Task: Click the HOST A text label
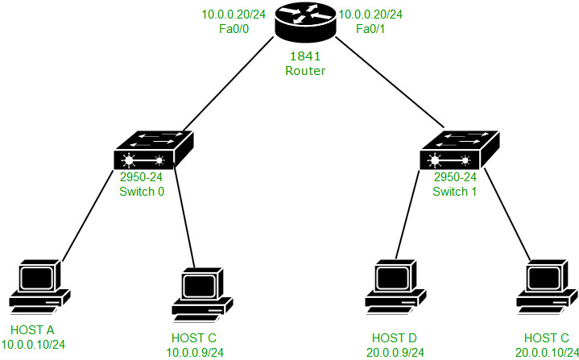[33, 330]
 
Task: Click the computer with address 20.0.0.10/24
[547, 287]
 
